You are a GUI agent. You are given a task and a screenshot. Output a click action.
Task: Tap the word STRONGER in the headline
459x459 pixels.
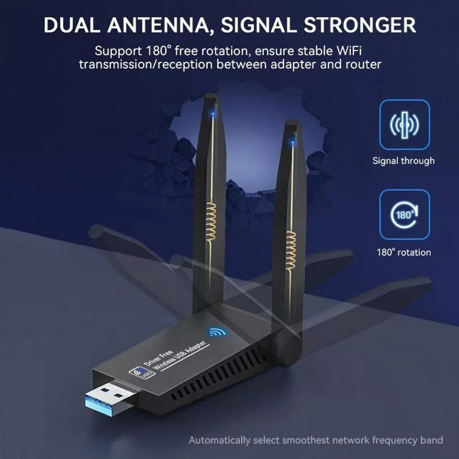360,25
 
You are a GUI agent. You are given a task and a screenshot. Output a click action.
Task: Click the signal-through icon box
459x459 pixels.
405,124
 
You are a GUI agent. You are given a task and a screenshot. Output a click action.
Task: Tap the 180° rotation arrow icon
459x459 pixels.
405,214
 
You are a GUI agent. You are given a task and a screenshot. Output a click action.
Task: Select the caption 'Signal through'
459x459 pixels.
403,161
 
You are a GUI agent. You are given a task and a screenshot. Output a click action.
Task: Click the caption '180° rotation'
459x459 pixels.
404,252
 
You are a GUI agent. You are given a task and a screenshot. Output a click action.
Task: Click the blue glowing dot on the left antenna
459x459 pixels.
213,113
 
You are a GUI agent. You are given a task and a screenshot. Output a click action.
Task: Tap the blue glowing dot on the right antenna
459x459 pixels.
292,143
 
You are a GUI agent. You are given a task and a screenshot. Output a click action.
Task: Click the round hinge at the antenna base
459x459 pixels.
289,344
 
